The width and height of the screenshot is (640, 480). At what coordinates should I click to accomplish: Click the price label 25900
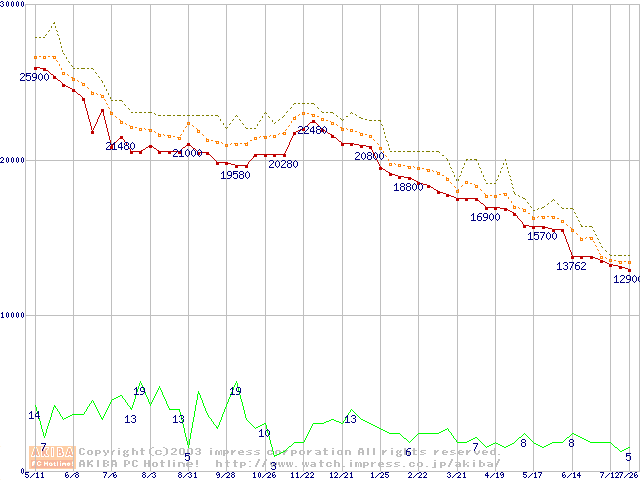coord(34,77)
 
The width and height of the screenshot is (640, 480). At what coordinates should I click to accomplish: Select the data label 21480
coord(120,146)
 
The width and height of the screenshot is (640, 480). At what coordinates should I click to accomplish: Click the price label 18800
coord(408,187)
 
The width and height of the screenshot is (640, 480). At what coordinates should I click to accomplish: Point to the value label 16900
coord(485,217)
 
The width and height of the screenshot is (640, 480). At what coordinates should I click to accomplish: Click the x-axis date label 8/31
coord(187,475)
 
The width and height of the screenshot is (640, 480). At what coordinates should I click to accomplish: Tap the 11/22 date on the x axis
coord(302,475)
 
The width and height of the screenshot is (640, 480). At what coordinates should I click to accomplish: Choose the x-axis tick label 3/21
coord(456,475)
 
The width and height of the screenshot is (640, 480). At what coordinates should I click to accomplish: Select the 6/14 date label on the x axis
coord(571,475)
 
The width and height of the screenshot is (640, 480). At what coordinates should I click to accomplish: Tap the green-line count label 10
coord(264,433)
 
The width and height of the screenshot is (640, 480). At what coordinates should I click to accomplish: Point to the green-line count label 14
coord(34,415)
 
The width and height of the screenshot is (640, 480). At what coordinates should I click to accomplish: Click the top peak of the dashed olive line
coord(53,22)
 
